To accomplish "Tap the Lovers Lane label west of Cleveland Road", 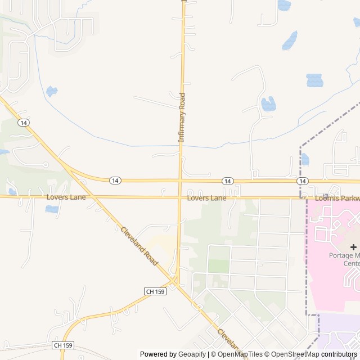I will pos(66,197).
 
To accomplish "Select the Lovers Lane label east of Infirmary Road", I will pos(206,198).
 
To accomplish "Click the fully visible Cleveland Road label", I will pos(139,246).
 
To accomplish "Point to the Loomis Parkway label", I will pos(337,199).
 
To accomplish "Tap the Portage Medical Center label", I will pos(344,259).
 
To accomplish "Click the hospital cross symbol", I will pos(353,247).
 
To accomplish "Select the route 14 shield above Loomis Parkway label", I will pos(303,181).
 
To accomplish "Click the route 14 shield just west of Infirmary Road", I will pos(115,180).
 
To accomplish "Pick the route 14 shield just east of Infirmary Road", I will pos(227,181).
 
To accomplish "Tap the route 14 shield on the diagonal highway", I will pos(22,122).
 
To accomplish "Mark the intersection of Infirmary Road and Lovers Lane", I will pos(180,197).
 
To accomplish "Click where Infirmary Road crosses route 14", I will pos(181,181).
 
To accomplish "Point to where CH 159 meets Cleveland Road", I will pos(175,281).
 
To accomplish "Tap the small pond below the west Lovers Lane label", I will pos(52,209).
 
